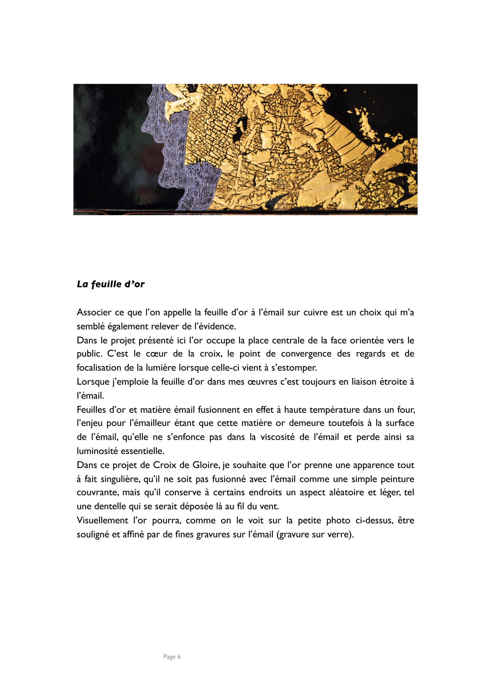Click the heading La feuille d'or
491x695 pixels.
click(111, 284)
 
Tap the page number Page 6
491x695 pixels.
click(172, 657)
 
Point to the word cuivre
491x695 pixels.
click(312, 312)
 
